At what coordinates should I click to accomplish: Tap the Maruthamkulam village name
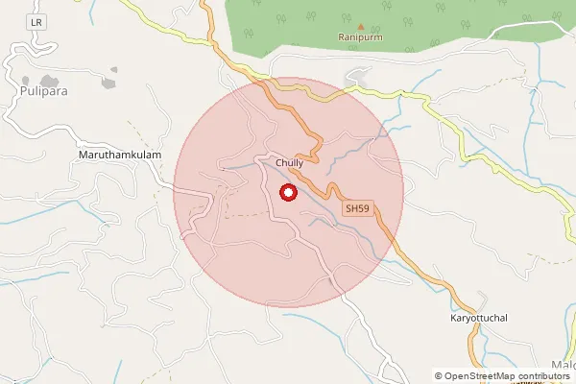pyautogui.click(x=118, y=154)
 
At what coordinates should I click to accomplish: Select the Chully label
pyautogui.click(x=289, y=163)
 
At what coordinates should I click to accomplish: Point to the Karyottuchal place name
pyautogui.click(x=485, y=317)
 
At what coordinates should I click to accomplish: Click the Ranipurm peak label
pyautogui.click(x=360, y=37)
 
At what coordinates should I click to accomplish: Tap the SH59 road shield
pyautogui.click(x=357, y=207)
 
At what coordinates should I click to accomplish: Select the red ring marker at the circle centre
pyautogui.click(x=287, y=193)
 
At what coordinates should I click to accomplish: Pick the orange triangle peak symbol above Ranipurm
pyautogui.click(x=360, y=27)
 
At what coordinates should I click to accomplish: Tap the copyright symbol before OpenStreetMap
pyautogui.click(x=439, y=375)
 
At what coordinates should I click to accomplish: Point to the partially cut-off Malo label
pyautogui.click(x=564, y=364)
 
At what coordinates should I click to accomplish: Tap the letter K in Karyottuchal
pyautogui.click(x=454, y=317)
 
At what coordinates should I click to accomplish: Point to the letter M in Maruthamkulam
pyautogui.click(x=82, y=154)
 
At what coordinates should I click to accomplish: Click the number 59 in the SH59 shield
pyautogui.click(x=362, y=207)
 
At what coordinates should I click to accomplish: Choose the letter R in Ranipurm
pyautogui.click(x=341, y=37)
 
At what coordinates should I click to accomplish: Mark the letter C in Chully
pyautogui.click(x=277, y=163)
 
